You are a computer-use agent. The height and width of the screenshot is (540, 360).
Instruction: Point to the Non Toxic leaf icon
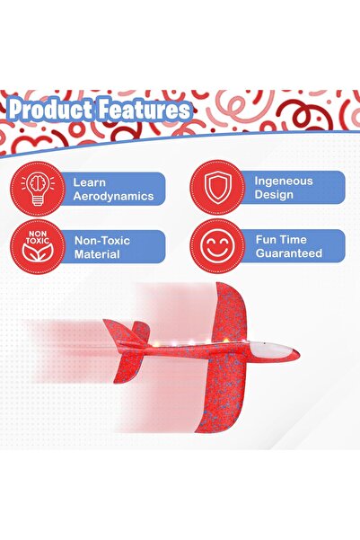37,247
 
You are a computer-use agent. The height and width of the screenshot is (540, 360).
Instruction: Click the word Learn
91,181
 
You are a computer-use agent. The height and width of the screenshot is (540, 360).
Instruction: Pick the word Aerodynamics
114,196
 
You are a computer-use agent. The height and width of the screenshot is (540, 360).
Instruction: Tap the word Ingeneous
283,181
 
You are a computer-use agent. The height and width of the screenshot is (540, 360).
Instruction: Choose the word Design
273,194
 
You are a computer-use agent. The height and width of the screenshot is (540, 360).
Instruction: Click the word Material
97,254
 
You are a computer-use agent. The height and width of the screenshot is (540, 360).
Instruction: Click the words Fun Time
281,240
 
